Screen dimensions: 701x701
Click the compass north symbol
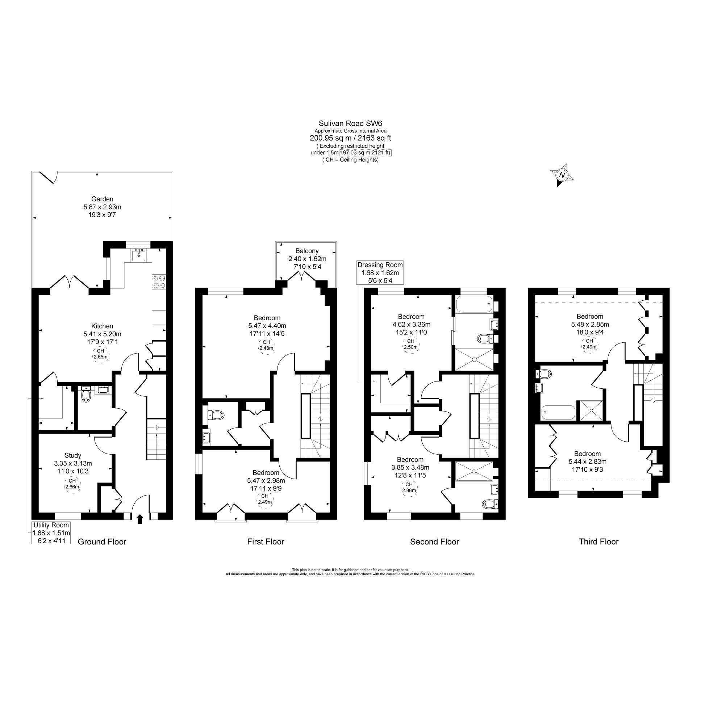562,175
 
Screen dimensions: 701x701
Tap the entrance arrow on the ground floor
140,519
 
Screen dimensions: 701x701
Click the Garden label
102,199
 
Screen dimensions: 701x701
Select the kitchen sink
139,255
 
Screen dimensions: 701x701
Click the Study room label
72,455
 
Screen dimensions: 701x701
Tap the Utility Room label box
51,533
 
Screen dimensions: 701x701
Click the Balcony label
307,251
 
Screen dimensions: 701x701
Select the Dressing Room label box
380,273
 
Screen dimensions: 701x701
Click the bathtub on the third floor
558,412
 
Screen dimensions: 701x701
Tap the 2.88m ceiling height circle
409,487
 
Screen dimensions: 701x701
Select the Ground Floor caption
102,542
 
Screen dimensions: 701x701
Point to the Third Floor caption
598,542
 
